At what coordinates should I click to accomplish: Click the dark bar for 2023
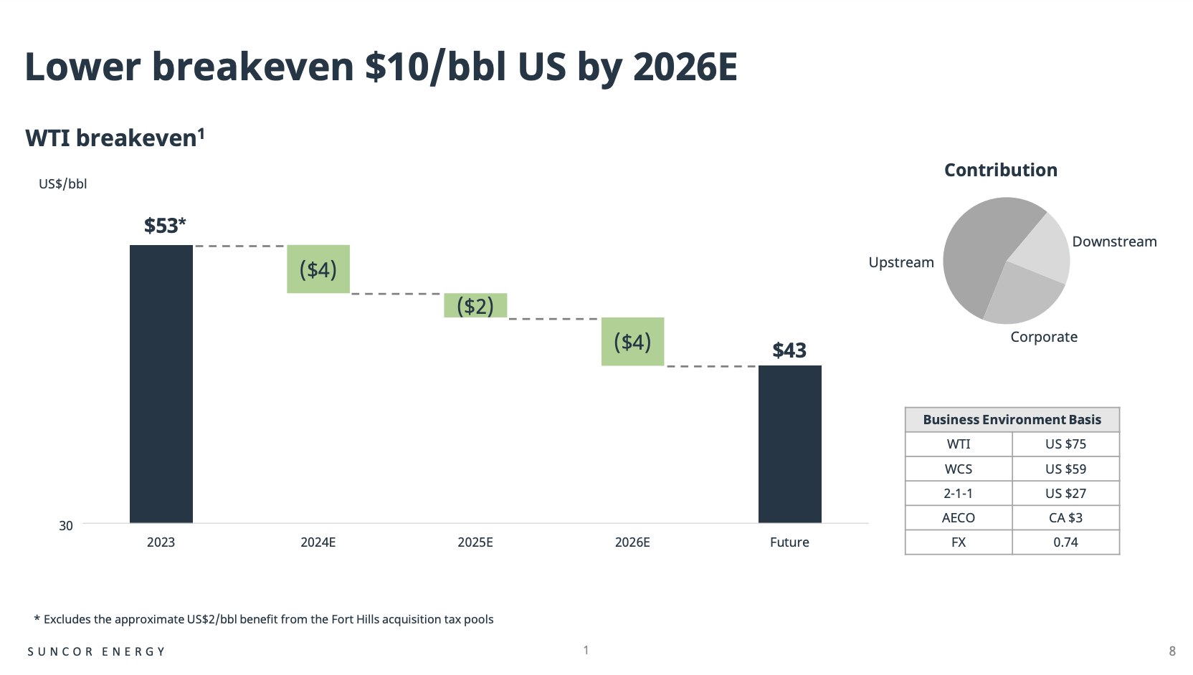(x=161, y=383)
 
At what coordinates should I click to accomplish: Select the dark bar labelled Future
(x=789, y=444)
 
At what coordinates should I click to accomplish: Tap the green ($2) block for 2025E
(x=475, y=305)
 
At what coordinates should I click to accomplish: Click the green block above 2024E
(x=318, y=269)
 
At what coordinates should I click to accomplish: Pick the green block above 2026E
(x=632, y=342)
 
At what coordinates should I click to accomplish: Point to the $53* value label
(x=165, y=226)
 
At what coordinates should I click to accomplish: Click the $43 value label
(x=789, y=350)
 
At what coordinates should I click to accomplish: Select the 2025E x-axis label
(x=475, y=542)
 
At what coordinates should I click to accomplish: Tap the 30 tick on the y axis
(x=66, y=526)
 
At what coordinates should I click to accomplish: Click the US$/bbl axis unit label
(x=63, y=184)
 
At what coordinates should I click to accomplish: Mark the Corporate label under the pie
(x=1044, y=337)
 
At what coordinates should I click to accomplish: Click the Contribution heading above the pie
(x=1001, y=170)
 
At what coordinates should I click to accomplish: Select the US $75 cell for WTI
(x=1065, y=444)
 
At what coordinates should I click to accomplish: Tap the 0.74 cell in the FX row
(x=1065, y=542)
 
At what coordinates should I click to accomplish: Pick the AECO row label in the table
(x=959, y=518)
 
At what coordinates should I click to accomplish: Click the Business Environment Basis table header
(x=1012, y=420)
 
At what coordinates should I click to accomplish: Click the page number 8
(x=1172, y=651)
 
